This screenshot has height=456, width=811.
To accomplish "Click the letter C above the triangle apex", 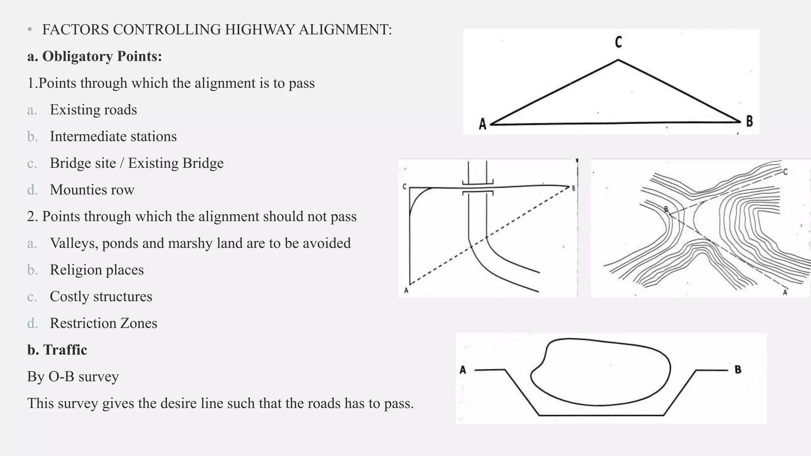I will click(618, 42).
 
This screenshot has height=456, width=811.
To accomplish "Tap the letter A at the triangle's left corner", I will click(482, 124).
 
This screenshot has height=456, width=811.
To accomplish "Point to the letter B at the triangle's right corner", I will click(749, 121).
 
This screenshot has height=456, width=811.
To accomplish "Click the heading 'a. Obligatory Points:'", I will click(95, 56).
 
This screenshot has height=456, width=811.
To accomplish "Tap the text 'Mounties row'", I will click(92, 190).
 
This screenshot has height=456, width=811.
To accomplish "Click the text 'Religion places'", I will click(97, 270).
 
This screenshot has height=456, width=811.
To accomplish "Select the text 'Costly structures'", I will click(101, 296).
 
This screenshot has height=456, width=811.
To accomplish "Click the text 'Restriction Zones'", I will click(103, 323).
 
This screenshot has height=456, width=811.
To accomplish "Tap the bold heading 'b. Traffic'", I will click(57, 350).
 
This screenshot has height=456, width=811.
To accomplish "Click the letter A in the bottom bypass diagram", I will click(463, 370).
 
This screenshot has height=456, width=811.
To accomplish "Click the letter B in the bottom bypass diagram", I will click(738, 369).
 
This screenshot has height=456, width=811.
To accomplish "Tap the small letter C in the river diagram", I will click(404, 186).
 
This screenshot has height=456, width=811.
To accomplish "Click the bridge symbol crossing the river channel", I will click(478, 188).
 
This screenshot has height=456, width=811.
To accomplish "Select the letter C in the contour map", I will click(785, 172).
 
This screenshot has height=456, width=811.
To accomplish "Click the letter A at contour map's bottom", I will click(785, 293).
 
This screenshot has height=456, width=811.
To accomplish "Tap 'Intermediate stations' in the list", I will click(113, 137).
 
